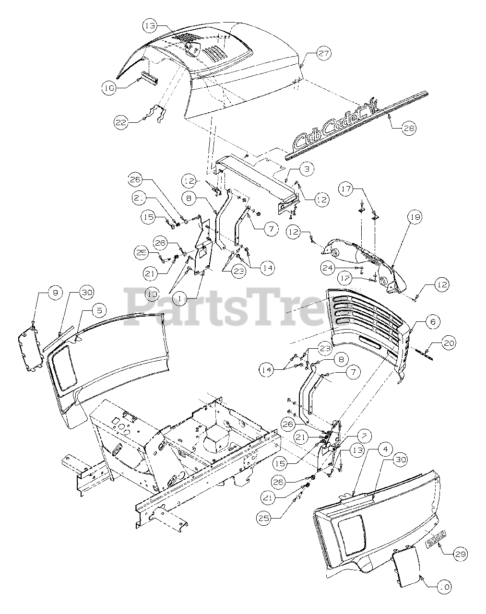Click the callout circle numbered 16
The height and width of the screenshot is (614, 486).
(109, 87)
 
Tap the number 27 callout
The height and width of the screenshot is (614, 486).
(324, 54)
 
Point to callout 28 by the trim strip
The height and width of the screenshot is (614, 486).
(409, 128)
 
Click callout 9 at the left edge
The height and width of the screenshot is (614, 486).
(55, 292)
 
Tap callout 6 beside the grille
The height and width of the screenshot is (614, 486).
(432, 322)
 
